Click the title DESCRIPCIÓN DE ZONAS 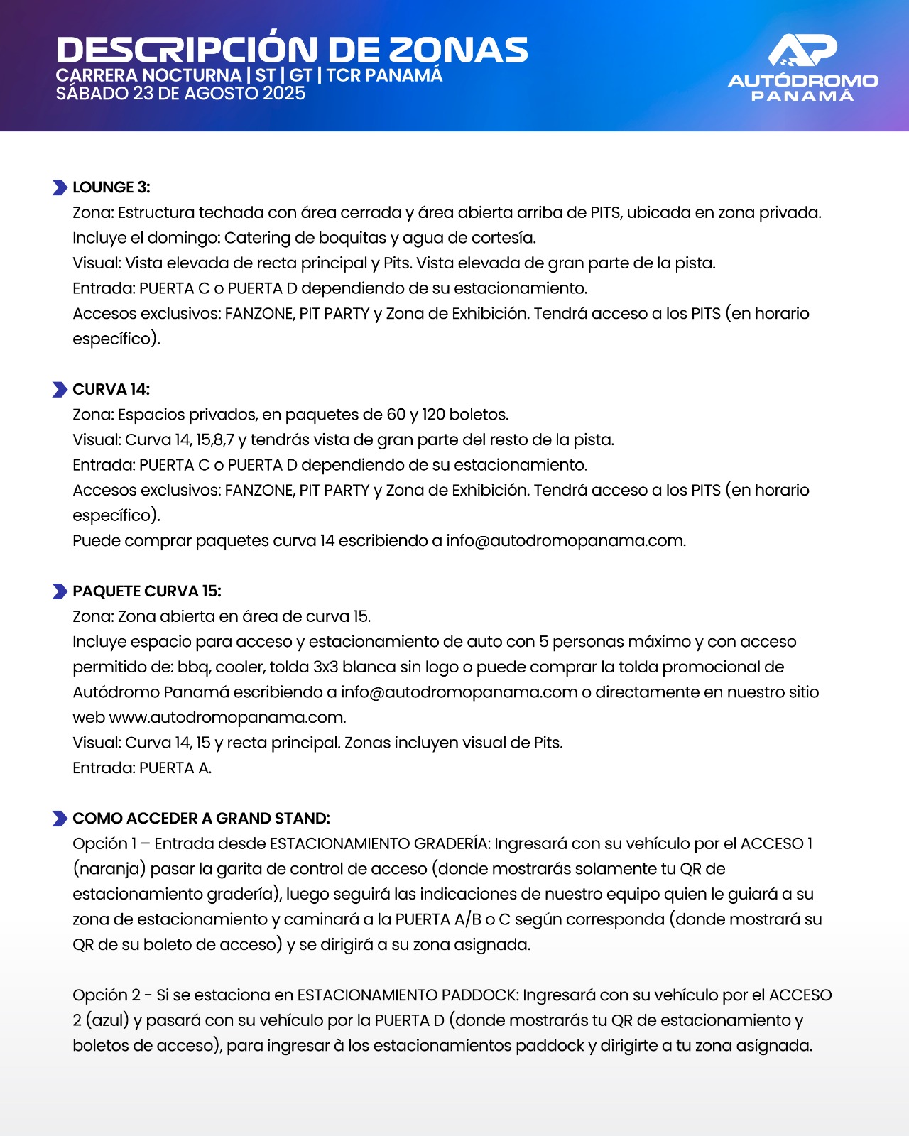tap(291, 50)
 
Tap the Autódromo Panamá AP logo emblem tap(802, 51)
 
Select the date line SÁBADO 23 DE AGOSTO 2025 tap(180, 94)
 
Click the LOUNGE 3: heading tap(111, 187)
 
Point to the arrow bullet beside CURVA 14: tap(60, 390)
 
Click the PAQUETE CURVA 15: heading tap(147, 591)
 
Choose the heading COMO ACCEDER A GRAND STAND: tap(201, 819)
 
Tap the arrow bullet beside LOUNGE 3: tap(60, 187)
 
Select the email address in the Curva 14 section tap(565, 541)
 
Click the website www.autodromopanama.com tap(227, 718)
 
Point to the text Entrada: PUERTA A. tap(142, 768)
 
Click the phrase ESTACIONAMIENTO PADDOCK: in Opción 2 tap(408, 995)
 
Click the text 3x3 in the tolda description tap(325, 667)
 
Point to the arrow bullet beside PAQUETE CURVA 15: tap(60, 591)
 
